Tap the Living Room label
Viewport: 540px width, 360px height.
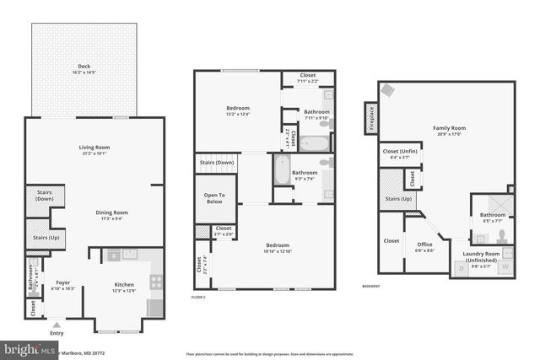[x=94, y=148]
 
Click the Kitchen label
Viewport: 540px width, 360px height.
[x=124, y=285]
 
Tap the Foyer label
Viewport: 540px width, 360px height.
[x=63, y=282]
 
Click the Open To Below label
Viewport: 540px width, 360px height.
[x=214, y=198]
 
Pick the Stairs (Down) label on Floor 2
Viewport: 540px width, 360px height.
[x=217, y=162]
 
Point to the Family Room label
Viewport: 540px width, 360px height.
[x=450, y=128]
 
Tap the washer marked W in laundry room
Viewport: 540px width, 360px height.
[x=506, y=268]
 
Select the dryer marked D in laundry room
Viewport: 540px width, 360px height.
[x=462, y=268]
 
